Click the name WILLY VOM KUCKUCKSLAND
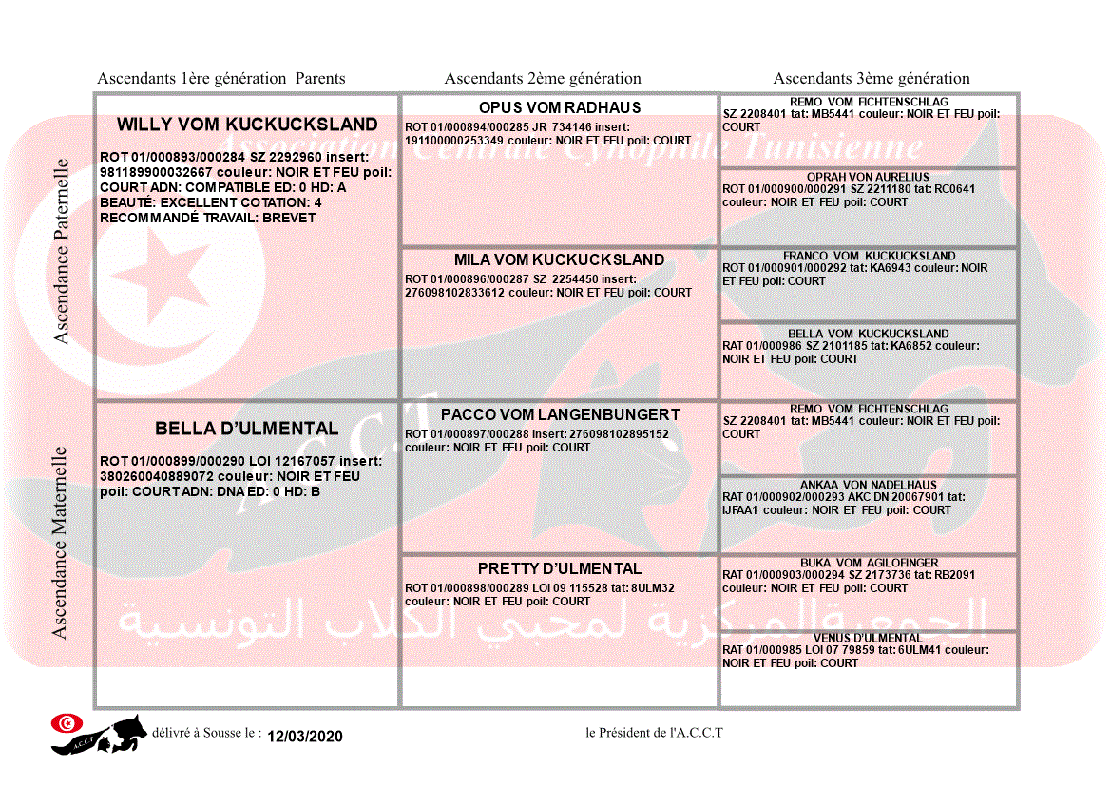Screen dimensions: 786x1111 point(247,125)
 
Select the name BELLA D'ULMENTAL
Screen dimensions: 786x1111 point(246,429)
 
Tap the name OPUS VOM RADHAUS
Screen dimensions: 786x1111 point(560,107)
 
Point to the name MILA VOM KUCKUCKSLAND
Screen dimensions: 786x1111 point(559,259)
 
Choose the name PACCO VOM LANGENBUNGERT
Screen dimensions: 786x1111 point(560,414)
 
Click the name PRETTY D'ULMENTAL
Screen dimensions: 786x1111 point(560,568)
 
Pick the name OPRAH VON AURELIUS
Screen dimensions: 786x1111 point(868,178)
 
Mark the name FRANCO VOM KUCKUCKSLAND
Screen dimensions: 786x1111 point(869,256)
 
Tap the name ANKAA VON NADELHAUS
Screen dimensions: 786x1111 point(868,486)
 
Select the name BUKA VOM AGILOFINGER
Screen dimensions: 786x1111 point(869,564)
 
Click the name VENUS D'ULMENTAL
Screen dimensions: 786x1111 point(868,638)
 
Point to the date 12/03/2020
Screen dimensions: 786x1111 point(304,737)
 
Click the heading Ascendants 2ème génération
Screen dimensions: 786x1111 point(543,79)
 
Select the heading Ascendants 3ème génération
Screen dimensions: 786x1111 point(872,79)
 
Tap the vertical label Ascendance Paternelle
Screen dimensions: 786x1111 point(62,252)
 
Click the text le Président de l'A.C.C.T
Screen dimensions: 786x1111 point(655,733)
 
